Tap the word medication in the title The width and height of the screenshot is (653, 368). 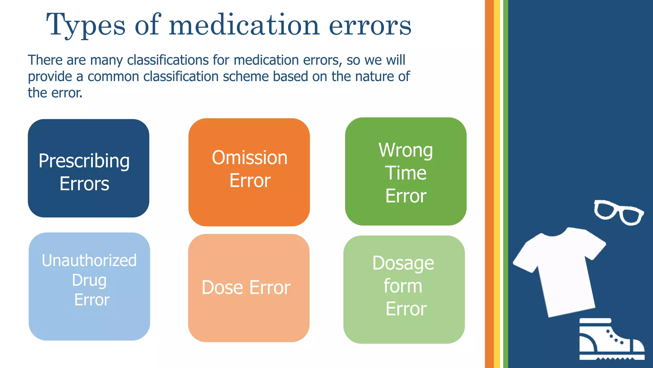point(244,25)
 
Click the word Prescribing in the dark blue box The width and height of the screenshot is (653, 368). point(84,161)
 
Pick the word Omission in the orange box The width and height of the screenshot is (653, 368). point(250,158)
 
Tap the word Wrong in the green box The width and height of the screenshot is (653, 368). point(406,150)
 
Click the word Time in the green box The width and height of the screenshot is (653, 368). point(406,173)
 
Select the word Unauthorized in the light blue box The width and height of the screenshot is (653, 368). point(89,260)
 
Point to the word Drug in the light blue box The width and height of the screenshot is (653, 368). point(89,280)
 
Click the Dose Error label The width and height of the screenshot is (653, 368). point(246,287)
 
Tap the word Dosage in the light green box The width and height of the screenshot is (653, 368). point(403,263)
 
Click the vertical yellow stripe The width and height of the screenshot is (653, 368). point(497,184)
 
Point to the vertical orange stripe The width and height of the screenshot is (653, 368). point(489,184)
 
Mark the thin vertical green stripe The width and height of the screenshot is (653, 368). point(505,184)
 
